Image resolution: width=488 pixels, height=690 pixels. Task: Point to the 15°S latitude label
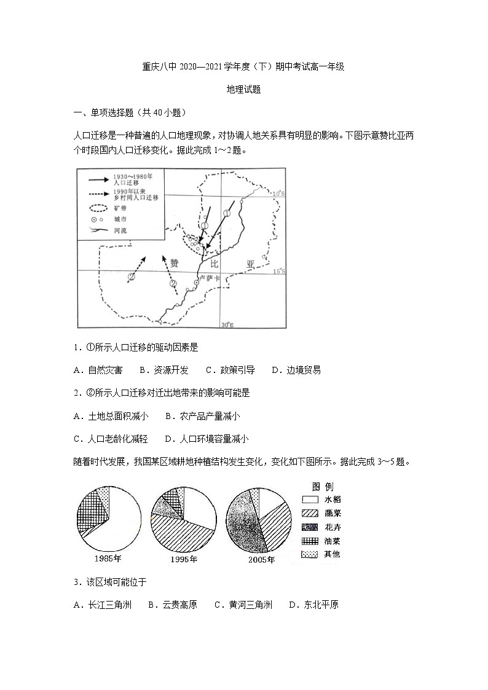(x=279, y=271)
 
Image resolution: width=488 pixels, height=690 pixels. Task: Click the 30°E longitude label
(x=227, y=324)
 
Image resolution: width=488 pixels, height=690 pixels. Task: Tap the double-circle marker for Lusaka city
(x=197, y=282)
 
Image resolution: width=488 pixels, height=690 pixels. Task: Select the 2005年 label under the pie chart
(x=261, y=560)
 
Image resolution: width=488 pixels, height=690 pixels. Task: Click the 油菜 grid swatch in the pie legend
(x=310, y=541)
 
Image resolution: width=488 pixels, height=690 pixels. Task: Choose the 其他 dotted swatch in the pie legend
(x=310, y=554)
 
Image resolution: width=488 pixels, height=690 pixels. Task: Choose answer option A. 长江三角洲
(x=102, y=605)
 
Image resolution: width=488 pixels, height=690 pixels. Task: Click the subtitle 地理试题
(x=244, y=89)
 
